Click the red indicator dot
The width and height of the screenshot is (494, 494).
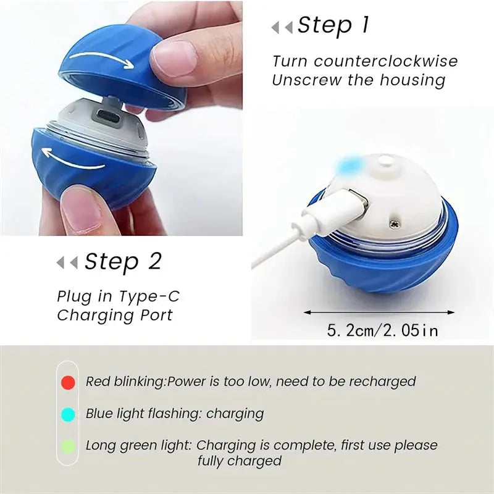tap(69, 382)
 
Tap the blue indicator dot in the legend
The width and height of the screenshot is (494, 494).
tap(69, 414)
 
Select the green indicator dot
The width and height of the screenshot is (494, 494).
tap(69, 445)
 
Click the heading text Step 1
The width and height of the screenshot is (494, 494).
tap(333, 25)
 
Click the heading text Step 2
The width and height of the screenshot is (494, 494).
tap(123, 262)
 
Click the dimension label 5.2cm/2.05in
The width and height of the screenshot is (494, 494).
tap(382, 330)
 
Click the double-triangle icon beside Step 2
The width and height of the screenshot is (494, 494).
tap(67, 263)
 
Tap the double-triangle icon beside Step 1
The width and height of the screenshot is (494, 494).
tap(282, 27)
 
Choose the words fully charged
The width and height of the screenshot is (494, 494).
tap(240, 461)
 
